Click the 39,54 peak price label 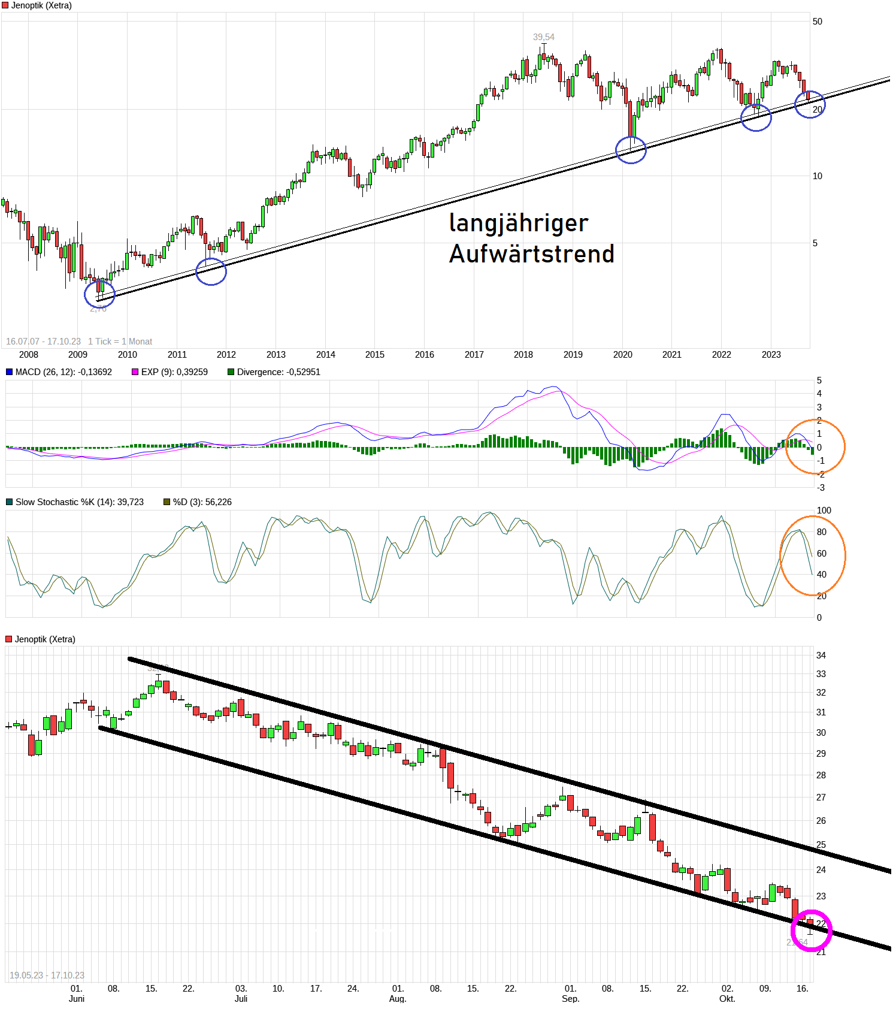pos(543,37)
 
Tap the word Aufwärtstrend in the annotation pos(531,254)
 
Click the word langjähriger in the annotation pos(518,223)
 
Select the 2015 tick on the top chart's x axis pos(375,355)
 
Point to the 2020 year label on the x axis pos(622,355)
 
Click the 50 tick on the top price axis pos(817,22)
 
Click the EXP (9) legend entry pos(170,372)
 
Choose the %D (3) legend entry pos(197,502)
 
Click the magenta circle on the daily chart pos(811,931)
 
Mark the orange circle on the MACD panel pos(815,447)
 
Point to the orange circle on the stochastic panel pos(813,555)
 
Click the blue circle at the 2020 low pos(631,150)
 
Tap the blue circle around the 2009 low pos(99,294)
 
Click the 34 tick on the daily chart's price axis pos(821,655)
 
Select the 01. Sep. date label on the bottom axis pos(570,993)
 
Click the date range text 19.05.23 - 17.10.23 pos(47,975)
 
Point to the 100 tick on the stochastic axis pos(824,510)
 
